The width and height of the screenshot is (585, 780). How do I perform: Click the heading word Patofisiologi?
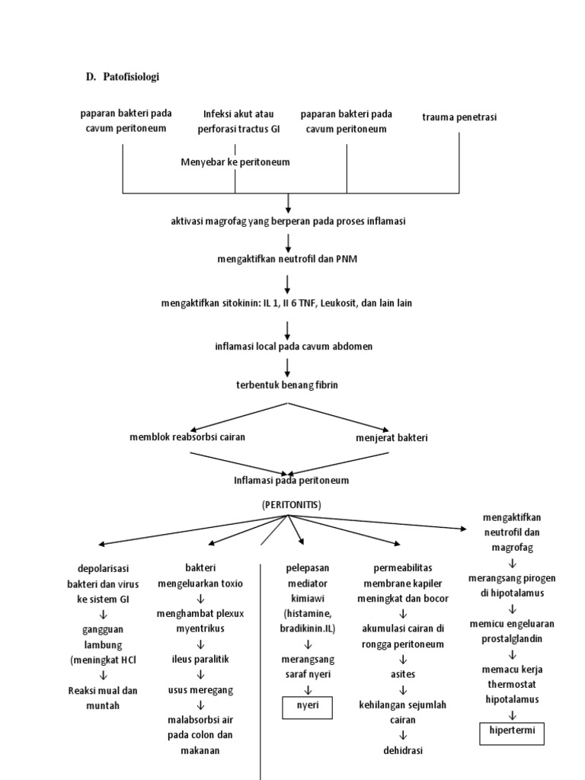(130, 77)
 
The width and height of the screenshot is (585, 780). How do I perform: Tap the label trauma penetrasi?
(459, 117)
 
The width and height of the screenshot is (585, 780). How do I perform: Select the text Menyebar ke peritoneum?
(235, 162)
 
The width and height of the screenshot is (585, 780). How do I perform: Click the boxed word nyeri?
(308, 706)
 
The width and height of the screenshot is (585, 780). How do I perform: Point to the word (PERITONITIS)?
(292, 504)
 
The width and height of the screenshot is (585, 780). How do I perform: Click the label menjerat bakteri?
(392, 438)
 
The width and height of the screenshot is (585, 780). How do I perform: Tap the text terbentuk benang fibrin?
(287, 385)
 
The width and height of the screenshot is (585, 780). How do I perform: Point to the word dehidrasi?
(402, 750)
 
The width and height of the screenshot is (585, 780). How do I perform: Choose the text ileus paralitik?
(200, 659)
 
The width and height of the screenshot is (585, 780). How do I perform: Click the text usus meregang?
(200, 689)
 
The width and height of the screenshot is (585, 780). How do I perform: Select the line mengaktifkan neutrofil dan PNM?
(287, 260)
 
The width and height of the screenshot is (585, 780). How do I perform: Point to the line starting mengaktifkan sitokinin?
(287, 302)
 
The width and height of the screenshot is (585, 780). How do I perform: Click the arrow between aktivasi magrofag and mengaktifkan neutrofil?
(289, 242)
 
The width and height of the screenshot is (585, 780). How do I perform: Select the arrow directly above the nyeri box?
(308, 690)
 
